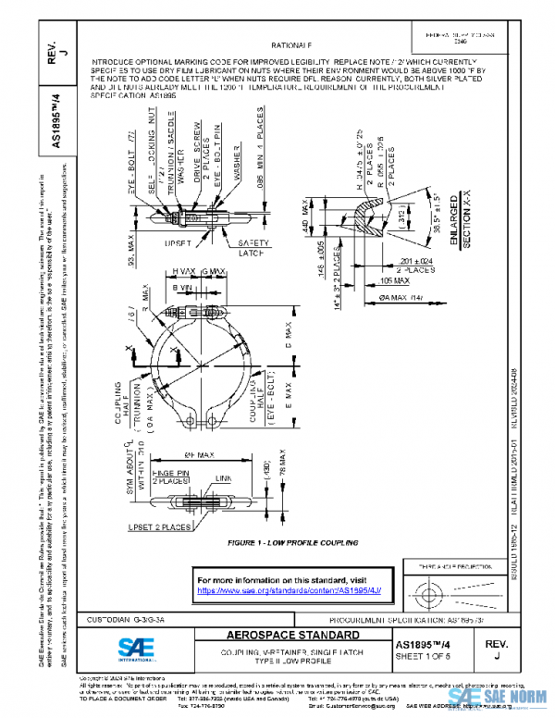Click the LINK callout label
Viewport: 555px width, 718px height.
click(223, 478)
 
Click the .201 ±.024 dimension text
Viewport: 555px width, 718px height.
click(415, 261)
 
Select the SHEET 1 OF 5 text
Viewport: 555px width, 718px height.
click(429, 656)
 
